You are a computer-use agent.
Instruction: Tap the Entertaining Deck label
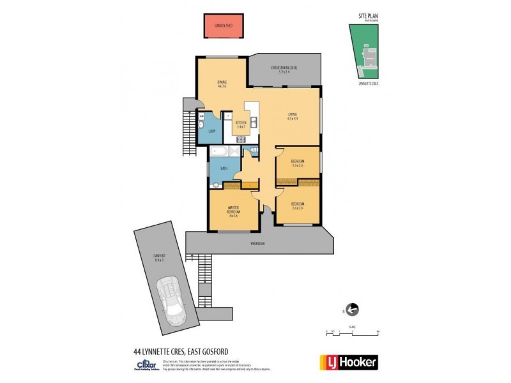coord(284,70)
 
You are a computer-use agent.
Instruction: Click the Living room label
coord(292,116)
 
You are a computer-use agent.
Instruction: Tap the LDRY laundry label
coord(211,131)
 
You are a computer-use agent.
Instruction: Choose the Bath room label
coord(224,169)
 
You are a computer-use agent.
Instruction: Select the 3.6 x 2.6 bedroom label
coord(297,163)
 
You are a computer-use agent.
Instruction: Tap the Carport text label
coord(159,257)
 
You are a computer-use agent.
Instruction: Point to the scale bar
coord(352,331)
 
